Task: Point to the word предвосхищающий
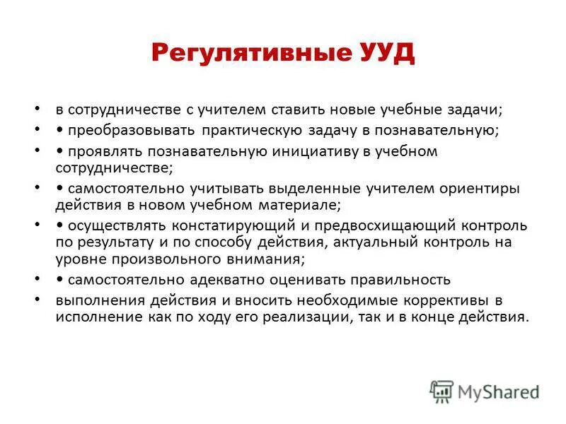[x=381, y=227]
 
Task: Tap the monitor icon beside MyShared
[x=441, y=391]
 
